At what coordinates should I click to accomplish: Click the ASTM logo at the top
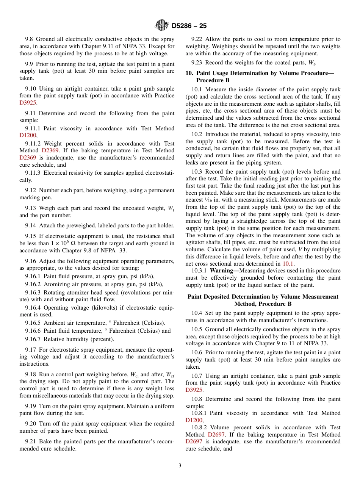(162, 25)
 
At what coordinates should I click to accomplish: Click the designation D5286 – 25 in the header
(189, 26)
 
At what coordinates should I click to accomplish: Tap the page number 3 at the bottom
(180, 465)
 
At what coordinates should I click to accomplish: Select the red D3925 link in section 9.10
(28, 103)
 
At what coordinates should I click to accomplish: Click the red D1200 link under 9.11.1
(28, 135)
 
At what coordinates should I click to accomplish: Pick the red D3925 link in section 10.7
(194, 390)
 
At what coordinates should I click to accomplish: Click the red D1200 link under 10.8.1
(194, 420)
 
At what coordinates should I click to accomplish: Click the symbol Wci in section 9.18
(135, 374)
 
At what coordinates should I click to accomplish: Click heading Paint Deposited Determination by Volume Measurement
(263, 297)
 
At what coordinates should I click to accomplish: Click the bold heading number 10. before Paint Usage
(189, 73)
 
